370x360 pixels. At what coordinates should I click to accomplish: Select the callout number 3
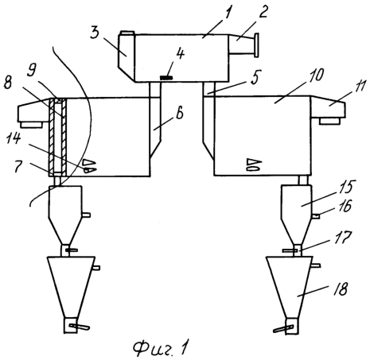(x=95, y=33)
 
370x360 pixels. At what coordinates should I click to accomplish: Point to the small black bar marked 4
(x=166, y=78)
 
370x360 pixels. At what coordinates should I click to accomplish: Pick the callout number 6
(x=180, y=114)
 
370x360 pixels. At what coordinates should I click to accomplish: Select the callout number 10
(x=315, y=75)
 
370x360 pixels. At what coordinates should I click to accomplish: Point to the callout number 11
(x=360, y=87)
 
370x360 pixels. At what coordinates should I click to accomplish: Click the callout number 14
(x=14, y=138)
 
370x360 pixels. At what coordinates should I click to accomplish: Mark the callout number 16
(x=345, y=206)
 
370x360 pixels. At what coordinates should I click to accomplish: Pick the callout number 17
(x=345, y=237)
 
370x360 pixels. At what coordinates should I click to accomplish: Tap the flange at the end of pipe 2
(x=256, y=45)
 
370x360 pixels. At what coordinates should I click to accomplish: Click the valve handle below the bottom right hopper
(x=284, y=329)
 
